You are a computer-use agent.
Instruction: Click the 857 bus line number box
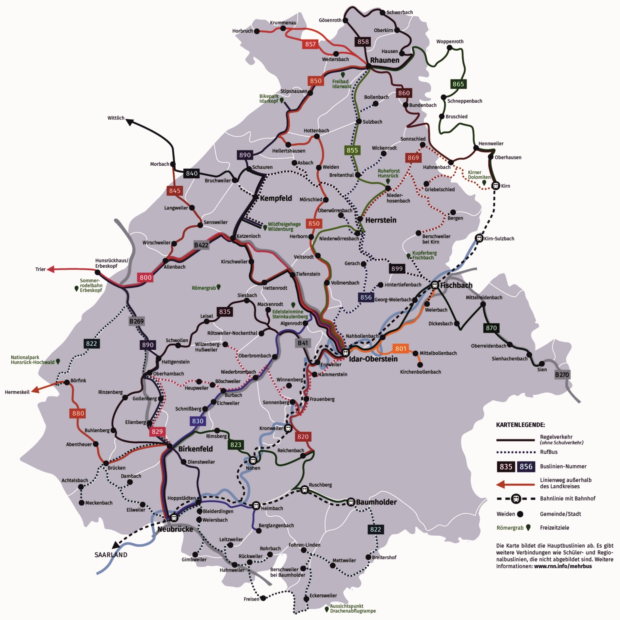coord(310,44)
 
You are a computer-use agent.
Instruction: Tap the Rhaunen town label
coord(385,60)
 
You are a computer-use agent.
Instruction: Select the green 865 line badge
coord(458,84)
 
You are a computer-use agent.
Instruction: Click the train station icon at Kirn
coord(495,186)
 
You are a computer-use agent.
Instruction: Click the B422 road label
coord(201,245)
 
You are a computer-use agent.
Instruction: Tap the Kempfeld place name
coord(276,198)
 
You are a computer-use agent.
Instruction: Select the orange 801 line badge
coord(400,348)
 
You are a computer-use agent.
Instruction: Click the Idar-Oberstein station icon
coord(345,352)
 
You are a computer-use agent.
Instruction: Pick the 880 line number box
coord(78,413)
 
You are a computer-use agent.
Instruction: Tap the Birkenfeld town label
coord(195,449)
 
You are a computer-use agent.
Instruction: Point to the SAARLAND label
coord(111,555)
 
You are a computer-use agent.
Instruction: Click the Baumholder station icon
coord(351,502)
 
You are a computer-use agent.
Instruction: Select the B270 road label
coord(562,375)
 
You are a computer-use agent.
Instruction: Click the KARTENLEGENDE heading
coord(520,425)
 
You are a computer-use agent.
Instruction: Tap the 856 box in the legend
coord(526,467)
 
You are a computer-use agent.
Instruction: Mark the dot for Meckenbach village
coord(82,503)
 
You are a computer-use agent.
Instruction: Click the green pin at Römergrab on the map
coord(219,287)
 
